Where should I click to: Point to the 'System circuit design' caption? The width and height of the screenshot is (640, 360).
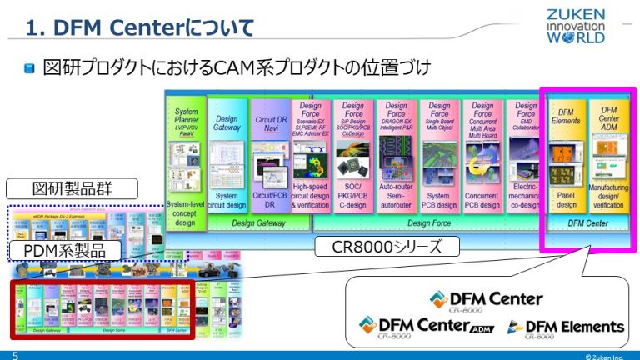(227, 200)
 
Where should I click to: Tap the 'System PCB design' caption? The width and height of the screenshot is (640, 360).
(439, 200)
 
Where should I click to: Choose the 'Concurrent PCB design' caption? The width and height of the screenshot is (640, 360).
(482, 200)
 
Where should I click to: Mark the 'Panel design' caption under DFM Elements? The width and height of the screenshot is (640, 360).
(566, 200)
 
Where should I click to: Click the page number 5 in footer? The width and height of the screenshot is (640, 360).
(14, 354)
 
